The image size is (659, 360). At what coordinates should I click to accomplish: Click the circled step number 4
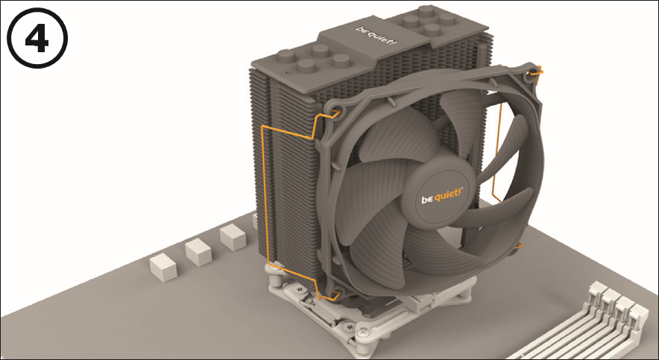tap(37, 38)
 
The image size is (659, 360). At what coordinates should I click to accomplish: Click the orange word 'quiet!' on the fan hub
tap(448, 195)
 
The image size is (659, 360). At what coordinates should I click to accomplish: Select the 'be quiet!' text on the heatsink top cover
tap(376, 35)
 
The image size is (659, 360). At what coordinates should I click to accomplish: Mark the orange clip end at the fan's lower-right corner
tap(518, 246)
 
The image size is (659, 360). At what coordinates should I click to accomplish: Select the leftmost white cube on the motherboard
tap(163, 267)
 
